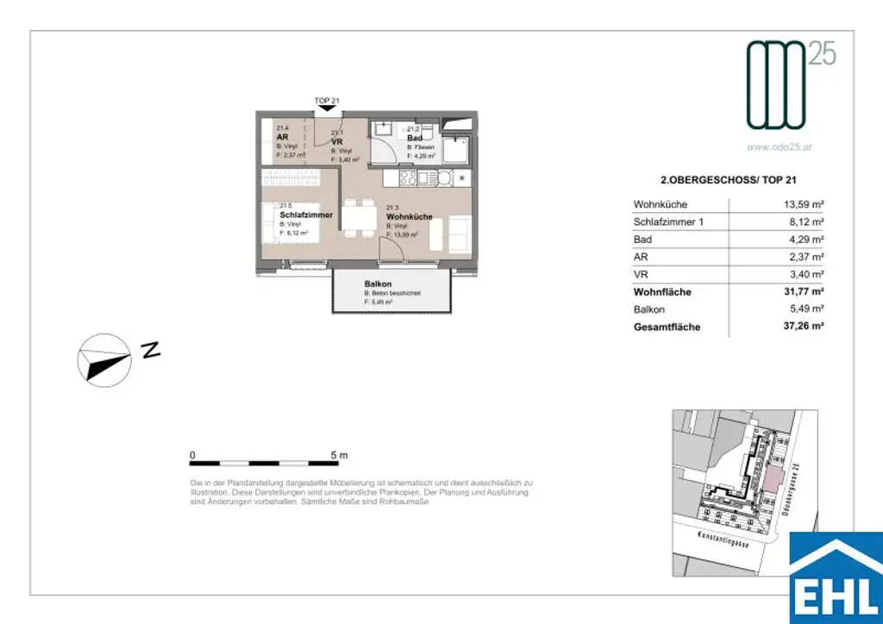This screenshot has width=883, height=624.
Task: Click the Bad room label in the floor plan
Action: [x=414, y=138]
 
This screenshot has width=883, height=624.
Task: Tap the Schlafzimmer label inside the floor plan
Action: [x=306, y=215]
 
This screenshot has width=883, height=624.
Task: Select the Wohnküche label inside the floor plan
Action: [x=409, y=217]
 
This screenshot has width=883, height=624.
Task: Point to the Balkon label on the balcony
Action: [x=378, y=284]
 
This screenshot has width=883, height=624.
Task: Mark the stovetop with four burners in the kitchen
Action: [x=406, y=178]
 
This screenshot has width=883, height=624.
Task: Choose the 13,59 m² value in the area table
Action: [x=801, y=205]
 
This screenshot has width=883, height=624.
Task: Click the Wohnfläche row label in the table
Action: [x=662, y=292]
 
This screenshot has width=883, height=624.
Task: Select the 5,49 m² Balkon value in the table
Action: [x=803, y=309]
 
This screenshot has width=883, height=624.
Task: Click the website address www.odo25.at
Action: [x=780, y=147]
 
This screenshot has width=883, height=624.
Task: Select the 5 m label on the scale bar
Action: [x=339, y=454]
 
